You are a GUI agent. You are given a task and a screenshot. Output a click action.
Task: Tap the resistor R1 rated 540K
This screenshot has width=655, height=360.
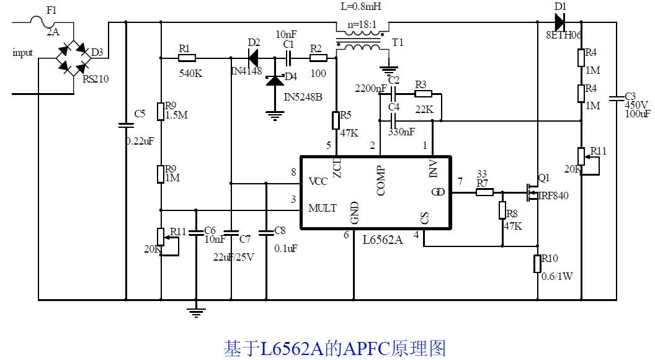(x=187, y=58)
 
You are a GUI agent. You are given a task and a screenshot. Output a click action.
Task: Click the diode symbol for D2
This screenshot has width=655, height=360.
(x=253, y=58)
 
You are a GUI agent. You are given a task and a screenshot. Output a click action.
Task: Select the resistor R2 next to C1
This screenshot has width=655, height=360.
(x=318, y=58)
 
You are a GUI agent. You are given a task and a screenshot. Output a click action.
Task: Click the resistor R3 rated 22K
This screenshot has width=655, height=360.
(x=424, y=94)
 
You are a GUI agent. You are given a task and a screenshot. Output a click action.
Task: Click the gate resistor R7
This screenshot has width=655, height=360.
(x=484, y=192)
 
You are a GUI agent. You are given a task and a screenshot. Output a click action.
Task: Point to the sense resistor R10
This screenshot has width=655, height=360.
(x=537, y=264)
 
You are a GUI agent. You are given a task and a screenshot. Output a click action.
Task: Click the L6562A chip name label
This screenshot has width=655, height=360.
(x=382, y=240)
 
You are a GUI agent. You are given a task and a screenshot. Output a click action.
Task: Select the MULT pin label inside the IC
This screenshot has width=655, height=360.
(x=323, y=208)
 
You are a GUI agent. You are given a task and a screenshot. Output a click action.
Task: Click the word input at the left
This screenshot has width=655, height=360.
(x=23, y=53)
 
